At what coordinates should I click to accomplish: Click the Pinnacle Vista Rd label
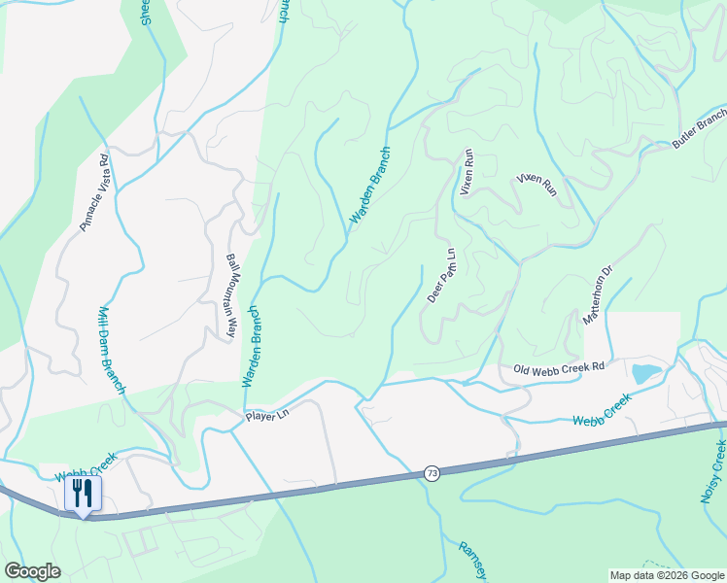click(98, 193)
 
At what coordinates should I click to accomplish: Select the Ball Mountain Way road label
click(231, 295)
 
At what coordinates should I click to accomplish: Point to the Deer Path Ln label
click(441, 275)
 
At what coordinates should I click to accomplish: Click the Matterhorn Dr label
click(598, 295)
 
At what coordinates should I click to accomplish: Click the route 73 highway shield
click(432, 473)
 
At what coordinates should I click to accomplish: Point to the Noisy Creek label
click(713, 471)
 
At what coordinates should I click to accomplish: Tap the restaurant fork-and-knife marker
click(83, 494)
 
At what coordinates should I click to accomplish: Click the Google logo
click(32, 571)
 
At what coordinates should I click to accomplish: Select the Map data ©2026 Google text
click(666, 575)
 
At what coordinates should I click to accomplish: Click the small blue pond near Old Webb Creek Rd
click(644, 372)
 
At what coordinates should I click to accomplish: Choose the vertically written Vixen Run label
click(467, 172)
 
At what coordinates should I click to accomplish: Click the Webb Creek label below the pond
click(602, 409)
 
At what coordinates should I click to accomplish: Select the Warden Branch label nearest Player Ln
click(251, 347)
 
